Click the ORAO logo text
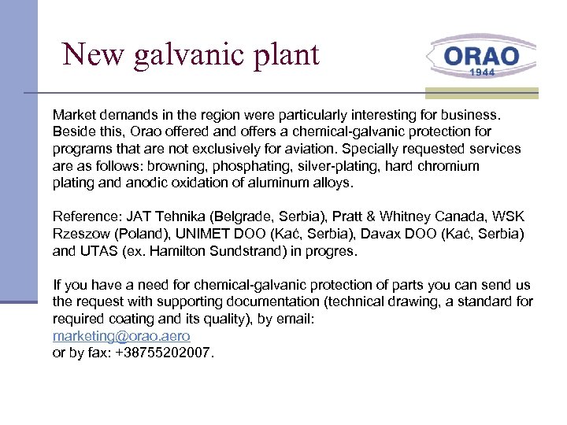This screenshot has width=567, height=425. pos(481,57)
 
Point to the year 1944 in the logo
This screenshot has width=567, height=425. pos(482,72)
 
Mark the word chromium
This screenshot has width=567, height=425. pos(450,167)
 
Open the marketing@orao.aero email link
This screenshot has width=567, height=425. pos(121,336)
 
